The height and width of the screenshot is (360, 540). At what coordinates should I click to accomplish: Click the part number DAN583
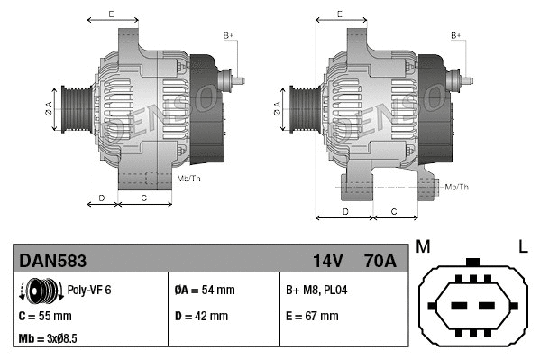(x=53, y=262)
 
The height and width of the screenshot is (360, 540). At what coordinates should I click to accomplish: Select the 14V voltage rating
(x=327, y=262)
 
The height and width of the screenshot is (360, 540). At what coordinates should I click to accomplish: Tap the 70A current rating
(x=378, y=262)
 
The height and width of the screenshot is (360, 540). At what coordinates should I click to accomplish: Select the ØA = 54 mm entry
(x=205, y=291)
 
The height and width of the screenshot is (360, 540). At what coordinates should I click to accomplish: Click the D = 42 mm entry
(x=201, y=317)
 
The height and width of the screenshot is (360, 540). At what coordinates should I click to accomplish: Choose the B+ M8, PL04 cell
(x=317, y=291)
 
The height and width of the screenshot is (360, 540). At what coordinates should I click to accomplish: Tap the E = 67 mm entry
(x=312, y=317)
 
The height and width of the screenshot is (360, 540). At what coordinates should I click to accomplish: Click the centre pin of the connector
(x=472, y=301)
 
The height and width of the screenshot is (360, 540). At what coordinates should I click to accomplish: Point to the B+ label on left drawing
(x=228, y=35)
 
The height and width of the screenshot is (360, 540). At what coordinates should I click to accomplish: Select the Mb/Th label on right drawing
(x=457, y=187)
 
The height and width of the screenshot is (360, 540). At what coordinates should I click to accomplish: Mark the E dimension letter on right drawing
(x=339, y=14)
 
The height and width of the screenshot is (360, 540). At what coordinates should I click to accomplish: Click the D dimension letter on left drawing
(x=102, y=196)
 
